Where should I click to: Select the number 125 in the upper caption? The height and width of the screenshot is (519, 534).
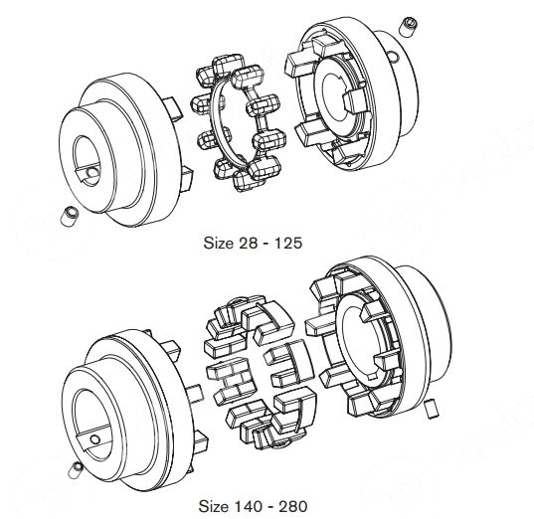click(x=288, y=244)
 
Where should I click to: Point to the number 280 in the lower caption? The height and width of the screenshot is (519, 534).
click(x=293, y=506)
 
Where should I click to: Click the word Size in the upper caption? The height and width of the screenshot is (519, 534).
click(x=219, y=244)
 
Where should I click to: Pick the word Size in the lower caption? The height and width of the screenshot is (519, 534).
click(x=214, y=506)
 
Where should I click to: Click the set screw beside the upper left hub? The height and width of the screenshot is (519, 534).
click(x=70, y=215)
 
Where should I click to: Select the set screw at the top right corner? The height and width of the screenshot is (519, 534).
click(x=409, y=26)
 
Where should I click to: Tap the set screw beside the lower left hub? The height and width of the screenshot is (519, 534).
click(x=75, y=469)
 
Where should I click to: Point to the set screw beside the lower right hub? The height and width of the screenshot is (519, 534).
click(x=433, y=409)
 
